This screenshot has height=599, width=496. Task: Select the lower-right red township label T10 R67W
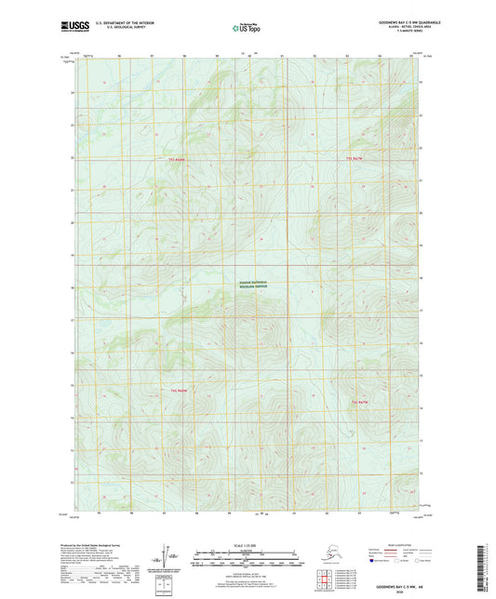(x=361, y=401)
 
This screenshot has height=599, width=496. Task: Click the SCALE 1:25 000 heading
(x=247, y=545)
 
